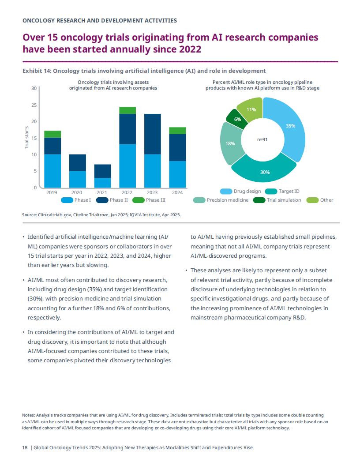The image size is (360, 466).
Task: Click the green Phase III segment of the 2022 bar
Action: (127, 110)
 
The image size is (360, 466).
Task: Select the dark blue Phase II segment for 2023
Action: (152, 134)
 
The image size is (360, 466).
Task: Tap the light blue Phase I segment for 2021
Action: (102, 183)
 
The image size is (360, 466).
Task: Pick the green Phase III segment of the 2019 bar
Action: (52, 134)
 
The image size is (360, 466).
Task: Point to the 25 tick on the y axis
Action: (34, 105)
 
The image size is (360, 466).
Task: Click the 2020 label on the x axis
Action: (77, 192)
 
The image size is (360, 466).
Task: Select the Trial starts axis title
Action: (27, 137)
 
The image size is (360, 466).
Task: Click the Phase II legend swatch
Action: (102, 200)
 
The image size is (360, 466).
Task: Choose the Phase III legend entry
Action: (149, 200)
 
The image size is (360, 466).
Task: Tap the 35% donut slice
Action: (290, 128)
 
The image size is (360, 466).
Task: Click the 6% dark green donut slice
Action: (237, 119)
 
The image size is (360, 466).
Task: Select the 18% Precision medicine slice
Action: (230, 143)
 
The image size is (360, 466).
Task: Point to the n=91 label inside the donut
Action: (262, 139)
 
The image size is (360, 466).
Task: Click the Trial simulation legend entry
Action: (277, 200)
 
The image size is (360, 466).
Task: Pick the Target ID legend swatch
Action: (271, 191)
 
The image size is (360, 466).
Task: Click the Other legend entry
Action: (319, 200)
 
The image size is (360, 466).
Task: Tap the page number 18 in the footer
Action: (25, 447)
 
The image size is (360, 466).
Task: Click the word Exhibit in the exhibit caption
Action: (32, 71)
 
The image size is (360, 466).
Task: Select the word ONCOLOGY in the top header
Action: (39, 20)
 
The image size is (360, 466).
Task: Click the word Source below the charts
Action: (29, 214)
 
